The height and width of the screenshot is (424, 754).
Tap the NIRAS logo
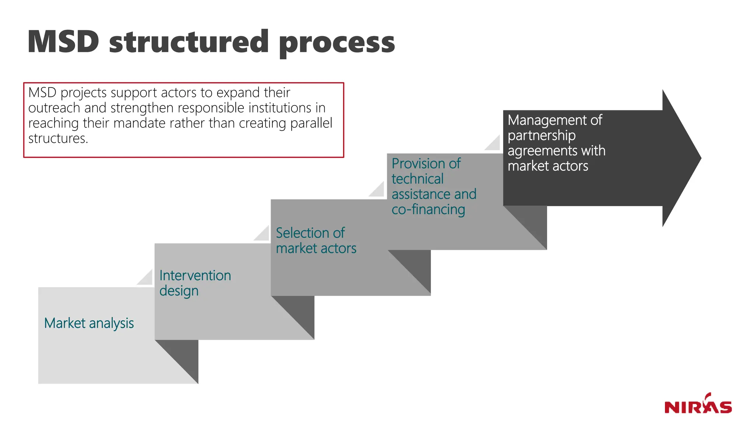(x=698, y=404)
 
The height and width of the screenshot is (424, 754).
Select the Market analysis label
(x=89, y=323)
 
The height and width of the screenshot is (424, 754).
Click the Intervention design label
(x=195, y=283)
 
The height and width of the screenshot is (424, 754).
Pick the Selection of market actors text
(x=316, y=241)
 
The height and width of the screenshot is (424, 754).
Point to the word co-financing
(x=428, y=209)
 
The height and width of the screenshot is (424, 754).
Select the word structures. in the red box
(x=58, y=138)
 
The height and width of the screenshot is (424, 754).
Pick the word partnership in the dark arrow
(x=541, y=135)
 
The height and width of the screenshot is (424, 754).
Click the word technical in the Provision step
(x=417, y=179)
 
